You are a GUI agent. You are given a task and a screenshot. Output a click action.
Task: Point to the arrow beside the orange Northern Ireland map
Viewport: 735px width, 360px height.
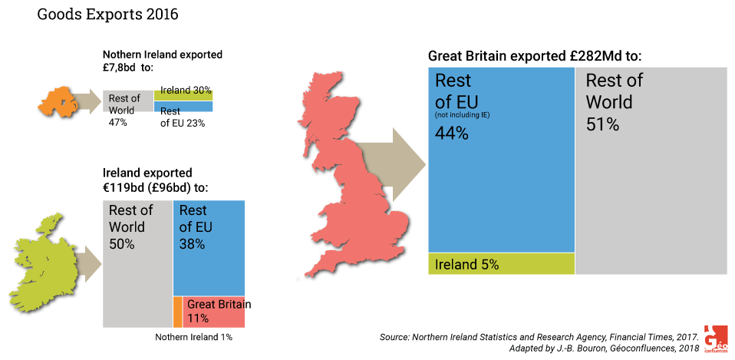[x=93, y=101]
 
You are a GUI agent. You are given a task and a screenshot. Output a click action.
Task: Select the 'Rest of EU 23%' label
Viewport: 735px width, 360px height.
[x=183, y=117]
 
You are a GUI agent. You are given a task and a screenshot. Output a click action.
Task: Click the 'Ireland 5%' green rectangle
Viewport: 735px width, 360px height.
[x=501, y=264]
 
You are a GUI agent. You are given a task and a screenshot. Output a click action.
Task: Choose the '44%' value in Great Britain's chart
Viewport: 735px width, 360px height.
[x=452, y=133]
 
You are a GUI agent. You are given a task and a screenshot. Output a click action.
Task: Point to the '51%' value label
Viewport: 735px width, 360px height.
[x=602, y=124]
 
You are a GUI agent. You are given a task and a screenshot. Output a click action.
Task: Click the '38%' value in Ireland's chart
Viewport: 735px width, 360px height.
[x=192, y=244]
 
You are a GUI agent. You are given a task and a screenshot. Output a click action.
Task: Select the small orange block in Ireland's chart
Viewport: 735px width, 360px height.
[x=177, y=312]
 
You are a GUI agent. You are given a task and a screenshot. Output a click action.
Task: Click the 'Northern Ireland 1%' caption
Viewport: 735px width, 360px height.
[x=193, y=337]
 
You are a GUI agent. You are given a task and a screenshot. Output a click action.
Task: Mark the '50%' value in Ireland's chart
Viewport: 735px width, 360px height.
[x=122, y=244]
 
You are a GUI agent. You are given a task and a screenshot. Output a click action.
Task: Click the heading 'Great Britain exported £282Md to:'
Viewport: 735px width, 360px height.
[x=535, y=56]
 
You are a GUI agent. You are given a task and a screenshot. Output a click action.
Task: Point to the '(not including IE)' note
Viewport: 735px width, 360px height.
[x=462, y=115]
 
